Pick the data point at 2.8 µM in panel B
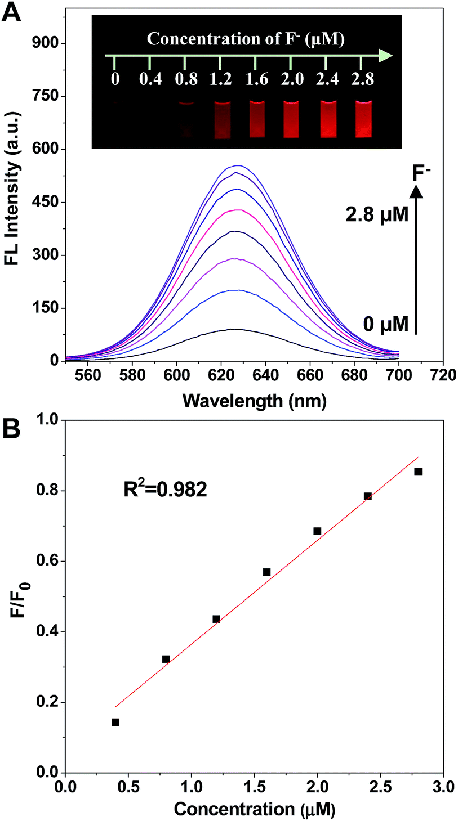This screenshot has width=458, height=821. [x=418, y=472]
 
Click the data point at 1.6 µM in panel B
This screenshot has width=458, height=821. [x=266, y=572]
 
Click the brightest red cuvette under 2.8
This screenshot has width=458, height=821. [x=364, y=119]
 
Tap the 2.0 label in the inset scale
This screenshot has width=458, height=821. [x=291, y=79]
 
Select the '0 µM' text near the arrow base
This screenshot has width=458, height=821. [x=381, y=325]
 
